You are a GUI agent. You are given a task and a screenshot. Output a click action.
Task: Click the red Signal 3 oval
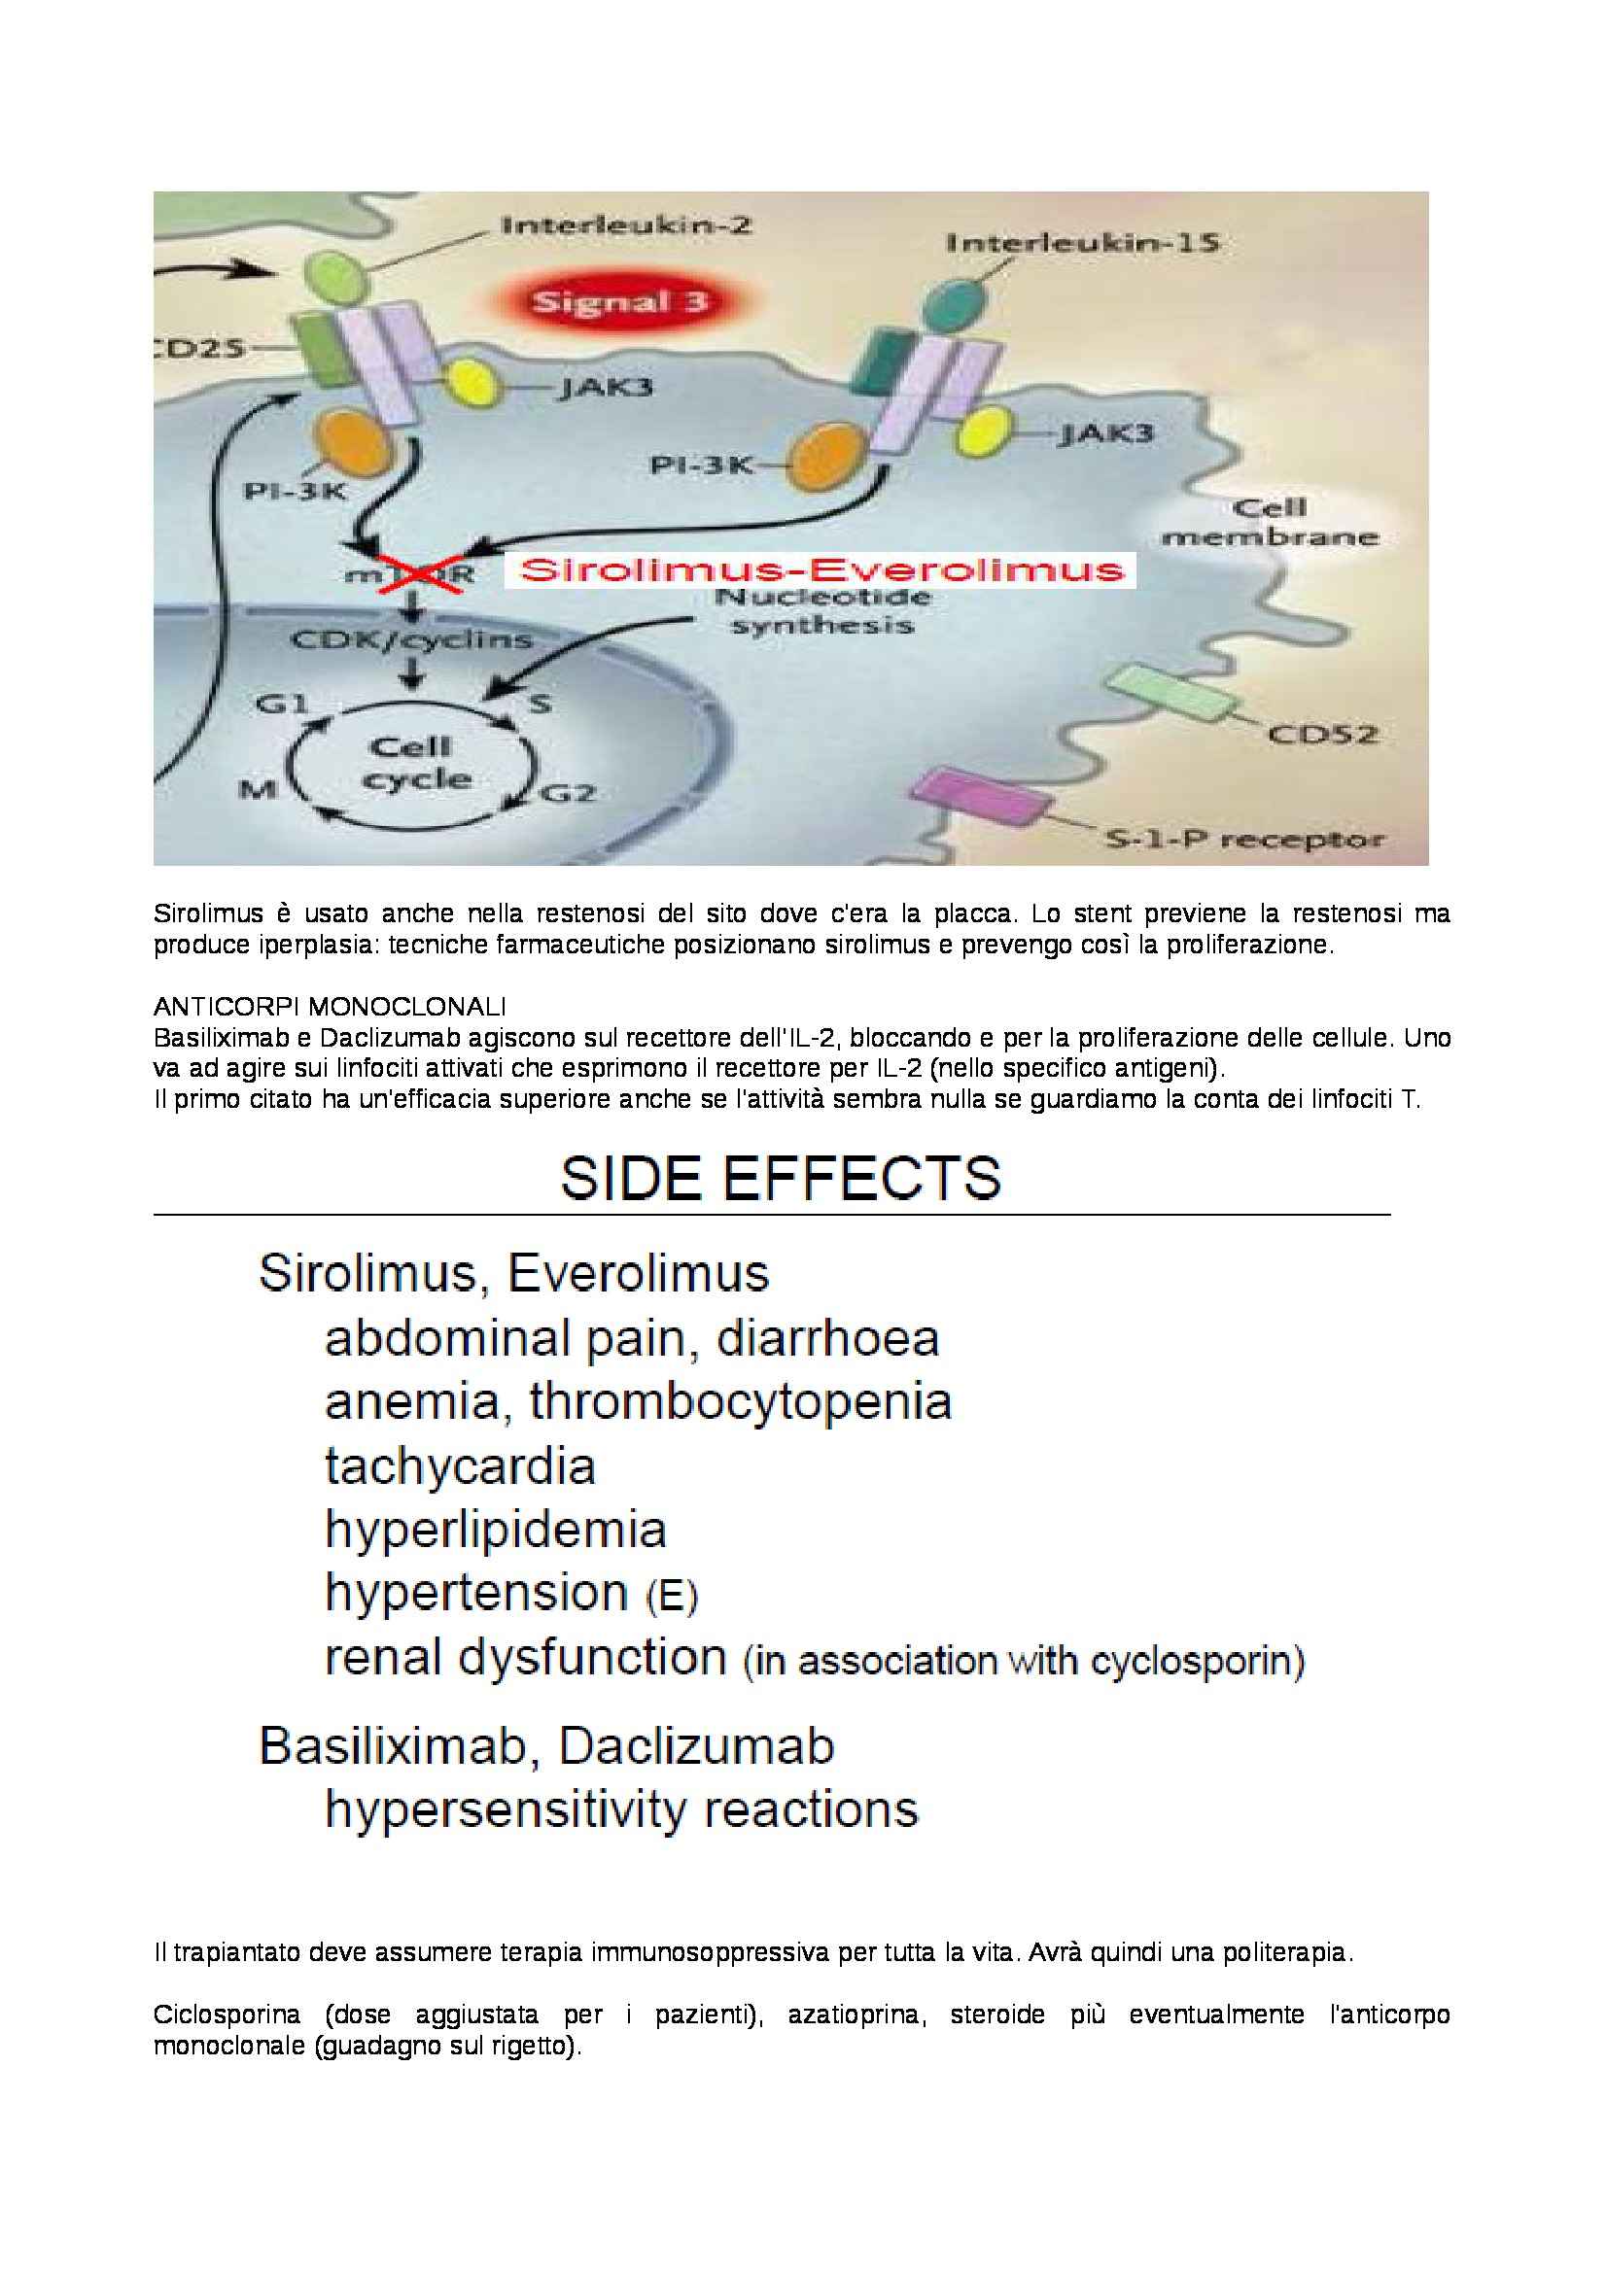coord(621,302)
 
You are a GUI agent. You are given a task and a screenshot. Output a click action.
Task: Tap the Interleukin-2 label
coord(627,224)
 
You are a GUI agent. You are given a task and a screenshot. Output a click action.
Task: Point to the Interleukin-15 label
coord(1082,242)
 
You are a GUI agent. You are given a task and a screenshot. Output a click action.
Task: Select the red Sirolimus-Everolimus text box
coord(821,570)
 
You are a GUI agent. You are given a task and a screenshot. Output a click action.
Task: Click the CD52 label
coord(1323,734)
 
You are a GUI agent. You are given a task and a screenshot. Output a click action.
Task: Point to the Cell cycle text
coord(413,762)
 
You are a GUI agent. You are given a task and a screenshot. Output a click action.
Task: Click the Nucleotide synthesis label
coord(821,611)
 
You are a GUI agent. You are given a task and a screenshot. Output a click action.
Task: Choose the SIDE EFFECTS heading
coord(781,1177)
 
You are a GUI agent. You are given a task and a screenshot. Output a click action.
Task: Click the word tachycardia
coord(461,1465)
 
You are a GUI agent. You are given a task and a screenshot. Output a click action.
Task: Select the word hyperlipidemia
coord(495,1530)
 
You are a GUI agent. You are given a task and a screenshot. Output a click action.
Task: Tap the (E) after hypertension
coord(673,1597)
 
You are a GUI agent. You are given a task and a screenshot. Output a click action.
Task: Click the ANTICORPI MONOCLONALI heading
coord(330,1007)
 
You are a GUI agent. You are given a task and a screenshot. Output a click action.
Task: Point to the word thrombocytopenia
coord(741,1401)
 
